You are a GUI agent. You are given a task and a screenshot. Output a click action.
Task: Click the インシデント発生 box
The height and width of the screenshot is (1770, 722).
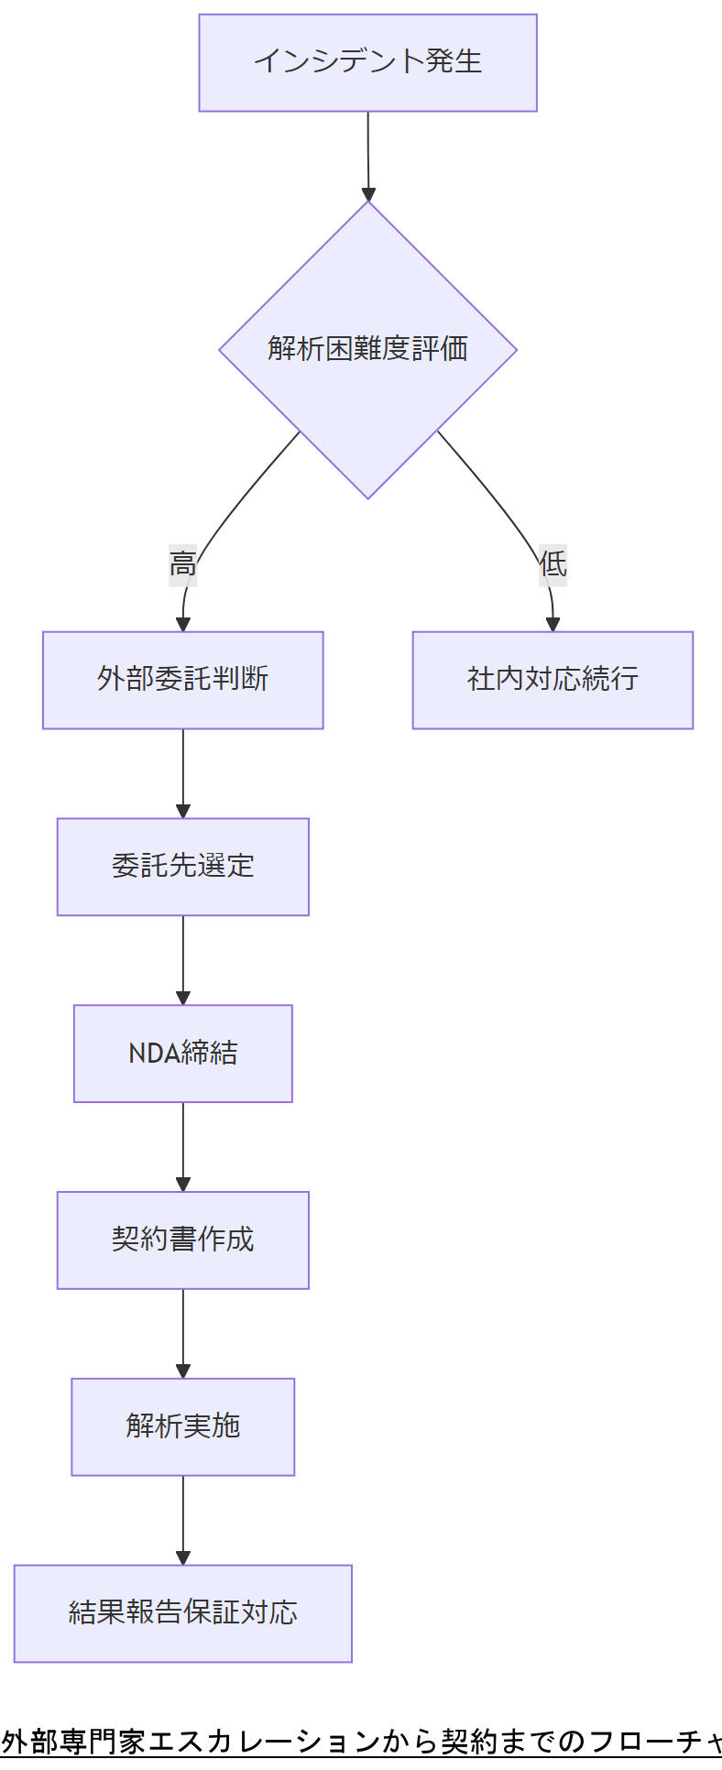point(367,62)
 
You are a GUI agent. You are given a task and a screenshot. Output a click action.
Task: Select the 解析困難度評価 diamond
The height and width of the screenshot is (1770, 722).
point(367,349)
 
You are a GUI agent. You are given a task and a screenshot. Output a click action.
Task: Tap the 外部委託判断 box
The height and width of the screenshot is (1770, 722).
point(182,680)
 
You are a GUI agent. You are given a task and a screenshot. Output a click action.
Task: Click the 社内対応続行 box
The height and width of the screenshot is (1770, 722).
point(552,680)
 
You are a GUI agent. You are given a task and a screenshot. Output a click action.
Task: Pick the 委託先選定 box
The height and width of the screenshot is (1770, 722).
point(182,867)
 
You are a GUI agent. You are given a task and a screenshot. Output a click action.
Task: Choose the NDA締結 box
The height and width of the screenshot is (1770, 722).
point(182,1054)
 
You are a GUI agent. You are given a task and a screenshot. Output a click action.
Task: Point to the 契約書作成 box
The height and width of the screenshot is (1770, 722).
point(182,1240)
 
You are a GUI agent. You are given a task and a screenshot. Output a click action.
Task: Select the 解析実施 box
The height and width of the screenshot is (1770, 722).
point(182,1426)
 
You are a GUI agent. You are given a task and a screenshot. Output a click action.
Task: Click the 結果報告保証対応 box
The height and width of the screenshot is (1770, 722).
point(182,1613)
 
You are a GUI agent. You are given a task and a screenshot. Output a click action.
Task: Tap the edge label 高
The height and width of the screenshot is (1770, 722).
point(183,563)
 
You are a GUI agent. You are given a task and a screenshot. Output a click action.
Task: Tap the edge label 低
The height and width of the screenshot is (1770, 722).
point(552,563)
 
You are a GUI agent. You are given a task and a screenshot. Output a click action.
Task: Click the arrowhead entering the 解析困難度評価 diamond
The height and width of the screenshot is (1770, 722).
point(368,194)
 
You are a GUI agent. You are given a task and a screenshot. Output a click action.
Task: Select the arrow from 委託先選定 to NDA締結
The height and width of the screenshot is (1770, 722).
point(183,959)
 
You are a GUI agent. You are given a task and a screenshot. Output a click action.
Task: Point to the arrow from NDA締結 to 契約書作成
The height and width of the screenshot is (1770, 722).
point(183,1146)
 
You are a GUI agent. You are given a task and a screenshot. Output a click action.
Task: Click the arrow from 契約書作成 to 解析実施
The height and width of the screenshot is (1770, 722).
point(183,1333)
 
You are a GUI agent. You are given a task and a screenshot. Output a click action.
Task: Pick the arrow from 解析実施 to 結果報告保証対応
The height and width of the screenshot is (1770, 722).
point(183,1520)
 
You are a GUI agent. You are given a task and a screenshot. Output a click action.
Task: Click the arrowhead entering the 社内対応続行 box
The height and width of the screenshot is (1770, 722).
point(552,625)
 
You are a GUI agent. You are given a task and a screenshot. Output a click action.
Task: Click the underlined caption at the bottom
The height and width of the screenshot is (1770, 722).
point(361,1740)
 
